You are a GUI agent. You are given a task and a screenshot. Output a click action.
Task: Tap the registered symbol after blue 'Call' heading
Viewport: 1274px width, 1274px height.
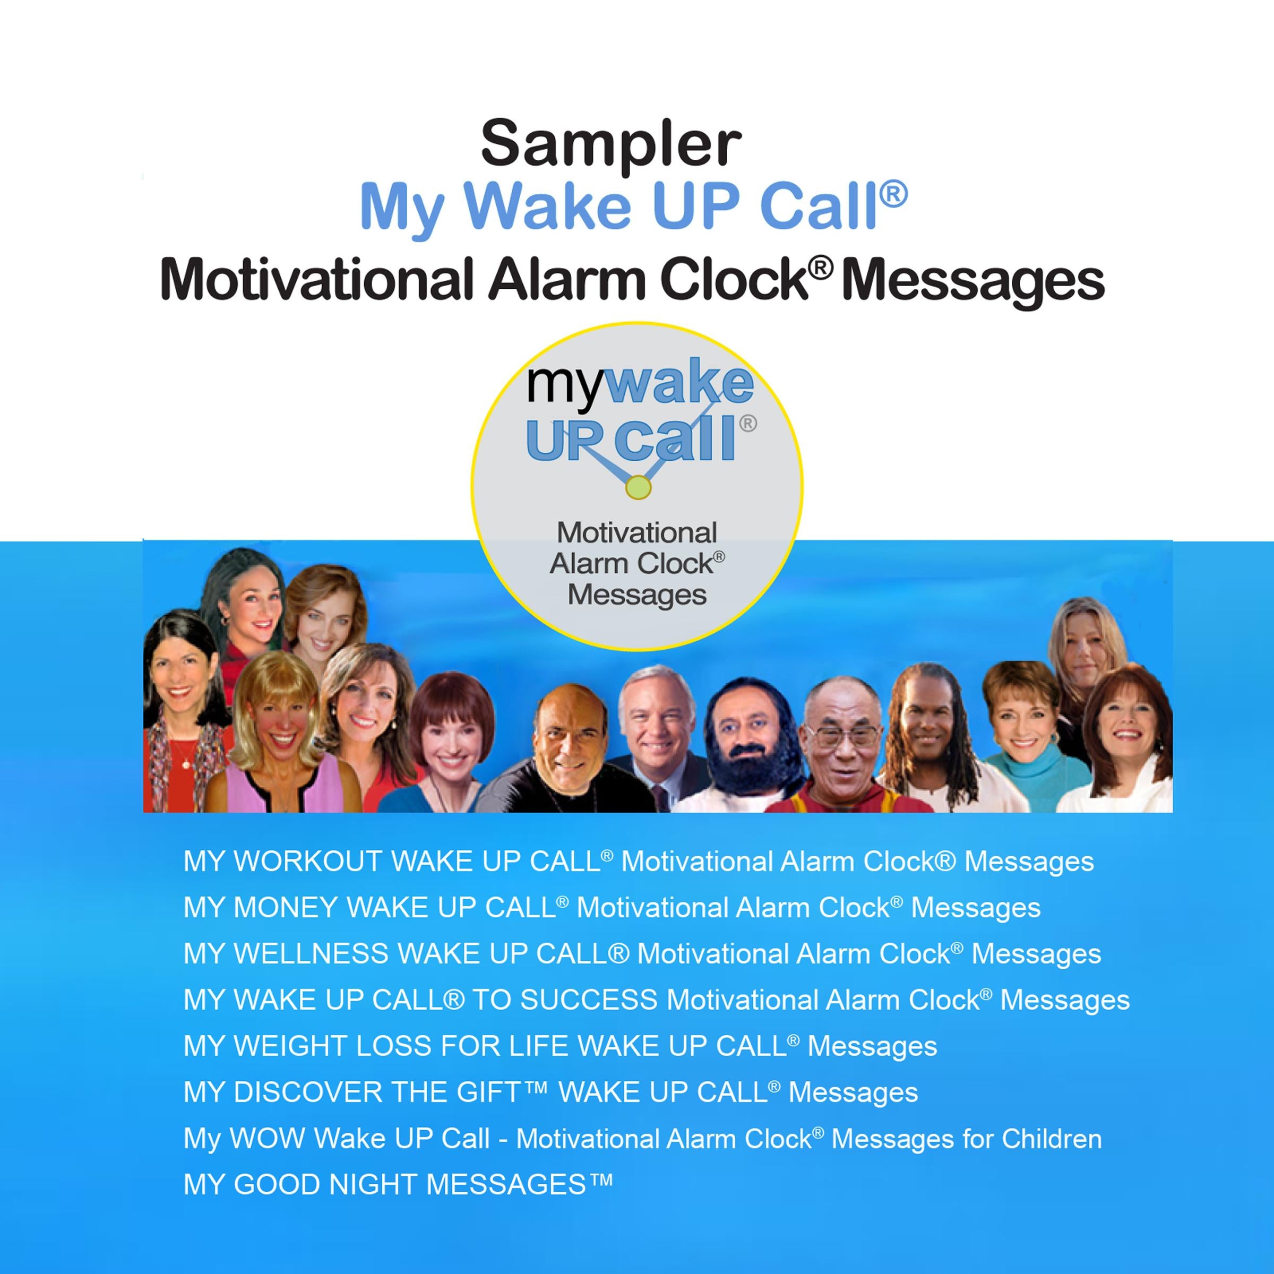893,194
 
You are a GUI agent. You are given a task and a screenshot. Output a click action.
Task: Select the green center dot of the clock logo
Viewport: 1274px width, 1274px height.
638,487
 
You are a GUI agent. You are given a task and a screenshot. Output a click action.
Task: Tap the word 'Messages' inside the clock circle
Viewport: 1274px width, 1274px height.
637,595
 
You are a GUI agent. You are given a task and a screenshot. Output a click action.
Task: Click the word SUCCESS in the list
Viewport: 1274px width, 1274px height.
589,1000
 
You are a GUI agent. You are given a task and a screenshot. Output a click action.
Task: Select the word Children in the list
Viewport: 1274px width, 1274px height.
1052,1139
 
